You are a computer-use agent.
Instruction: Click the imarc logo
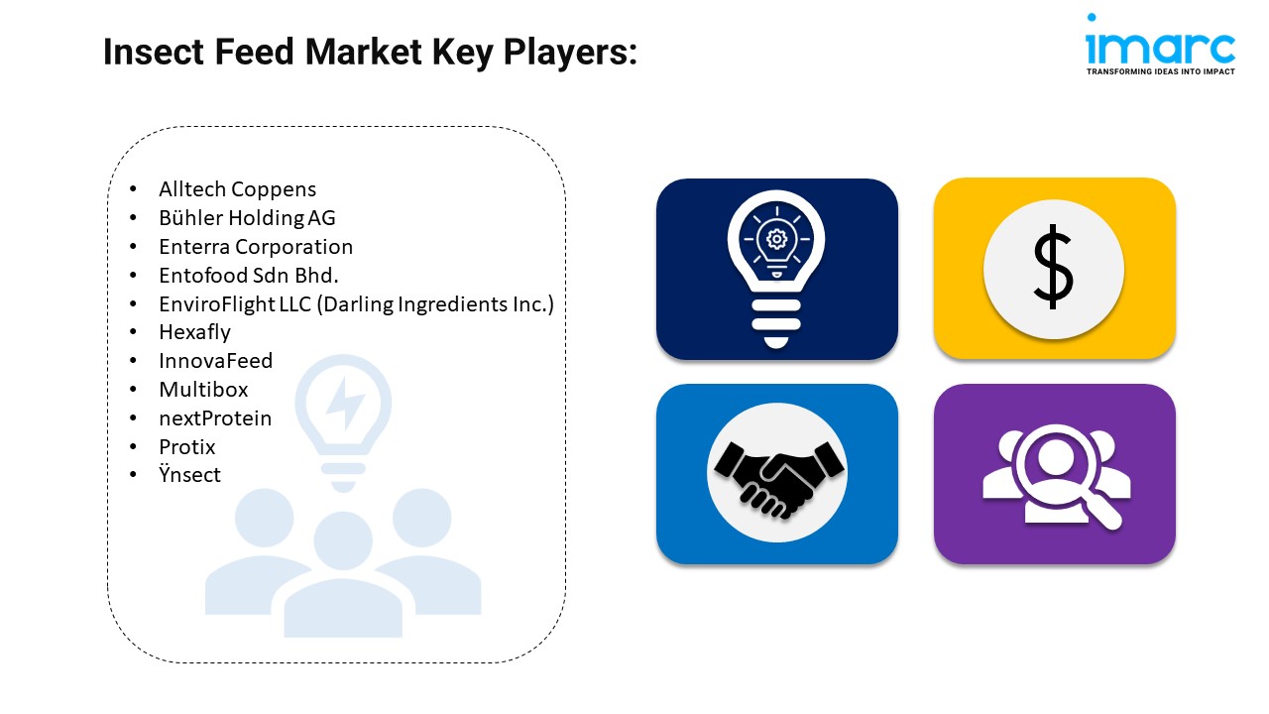coord(1160,45)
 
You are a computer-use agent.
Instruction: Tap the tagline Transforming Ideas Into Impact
coord(1160,71)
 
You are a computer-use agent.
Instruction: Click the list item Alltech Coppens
coord(237,189)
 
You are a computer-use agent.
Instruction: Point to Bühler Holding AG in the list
coord(247,217)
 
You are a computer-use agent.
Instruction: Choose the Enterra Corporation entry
coord(256,247)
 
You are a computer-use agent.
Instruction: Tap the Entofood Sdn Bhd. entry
coord(249,276)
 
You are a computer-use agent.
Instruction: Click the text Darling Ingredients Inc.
coord(435,304)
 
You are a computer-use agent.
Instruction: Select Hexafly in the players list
coord(195,332)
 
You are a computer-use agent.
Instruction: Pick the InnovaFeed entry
coord(216,361)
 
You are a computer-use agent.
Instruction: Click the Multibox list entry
coord(203,390)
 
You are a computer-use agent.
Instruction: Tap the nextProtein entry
coord(215,418)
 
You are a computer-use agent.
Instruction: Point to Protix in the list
coord(187,447)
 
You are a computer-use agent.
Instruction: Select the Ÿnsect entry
coord(189,474)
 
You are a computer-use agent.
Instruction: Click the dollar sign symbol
coord(1053,267)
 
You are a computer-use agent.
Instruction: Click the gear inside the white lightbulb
coord(776,239)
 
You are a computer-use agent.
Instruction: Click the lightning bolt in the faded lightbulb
coord(344,403)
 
